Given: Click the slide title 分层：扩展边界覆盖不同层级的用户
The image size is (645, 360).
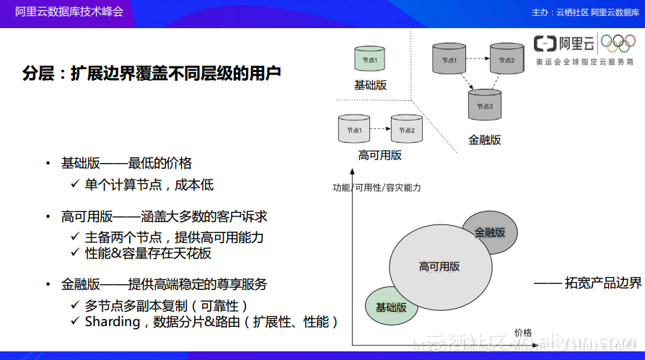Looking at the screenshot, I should click(x=152, y=74).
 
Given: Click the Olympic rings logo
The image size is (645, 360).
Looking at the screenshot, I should click(x=618, y=43).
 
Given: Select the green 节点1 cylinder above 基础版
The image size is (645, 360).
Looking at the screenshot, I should click(x=370, y=58).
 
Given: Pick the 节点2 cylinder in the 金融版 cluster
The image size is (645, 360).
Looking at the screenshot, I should click(x=506, y=58).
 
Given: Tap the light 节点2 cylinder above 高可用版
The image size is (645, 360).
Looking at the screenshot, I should click(x=406, y=128).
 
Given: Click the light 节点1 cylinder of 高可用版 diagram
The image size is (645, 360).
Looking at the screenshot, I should click(x=354, y=128).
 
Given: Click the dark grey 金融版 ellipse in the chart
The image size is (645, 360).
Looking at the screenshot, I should click(x=491, y=232).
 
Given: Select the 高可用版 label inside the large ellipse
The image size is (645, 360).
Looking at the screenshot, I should click(x=439, y=266).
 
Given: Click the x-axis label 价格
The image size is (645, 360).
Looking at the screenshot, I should click(x=523, y=332).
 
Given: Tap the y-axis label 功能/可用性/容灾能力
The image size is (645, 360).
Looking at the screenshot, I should click(x=377, y=188).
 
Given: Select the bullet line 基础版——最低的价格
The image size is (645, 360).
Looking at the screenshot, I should click(x=126, y=163).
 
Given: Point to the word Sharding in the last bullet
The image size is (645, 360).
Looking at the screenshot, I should click(x=113, y=322).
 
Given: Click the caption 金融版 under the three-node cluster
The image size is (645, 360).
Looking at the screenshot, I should click(x=484, y=140).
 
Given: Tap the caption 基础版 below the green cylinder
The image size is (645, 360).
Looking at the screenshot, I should click(x=370, y=85).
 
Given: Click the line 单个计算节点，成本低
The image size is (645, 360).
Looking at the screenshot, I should click(x=149, y=185).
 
